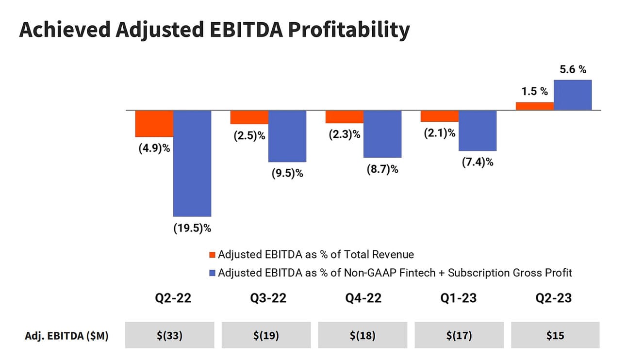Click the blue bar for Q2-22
(x=192, y=163)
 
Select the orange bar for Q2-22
(x=154, y=124)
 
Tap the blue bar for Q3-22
(x=287, y=136)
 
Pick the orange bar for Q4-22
(x=345, y=117)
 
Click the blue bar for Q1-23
(x=478, y=131)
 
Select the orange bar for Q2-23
(x=535, y=106)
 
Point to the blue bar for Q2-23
(x=573, y=95)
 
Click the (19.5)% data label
(x=192, y=228)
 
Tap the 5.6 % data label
(x=573, y=69)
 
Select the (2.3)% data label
(x=344, y=135)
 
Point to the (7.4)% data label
(x=478, y=162)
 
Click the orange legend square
(x=212, y=255)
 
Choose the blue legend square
(x=212, y=273)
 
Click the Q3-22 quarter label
(x=268, y=297)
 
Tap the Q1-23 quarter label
(x=459, y=297)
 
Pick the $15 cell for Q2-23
(x=555, y=335)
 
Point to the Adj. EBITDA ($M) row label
(x=66, y=336)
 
